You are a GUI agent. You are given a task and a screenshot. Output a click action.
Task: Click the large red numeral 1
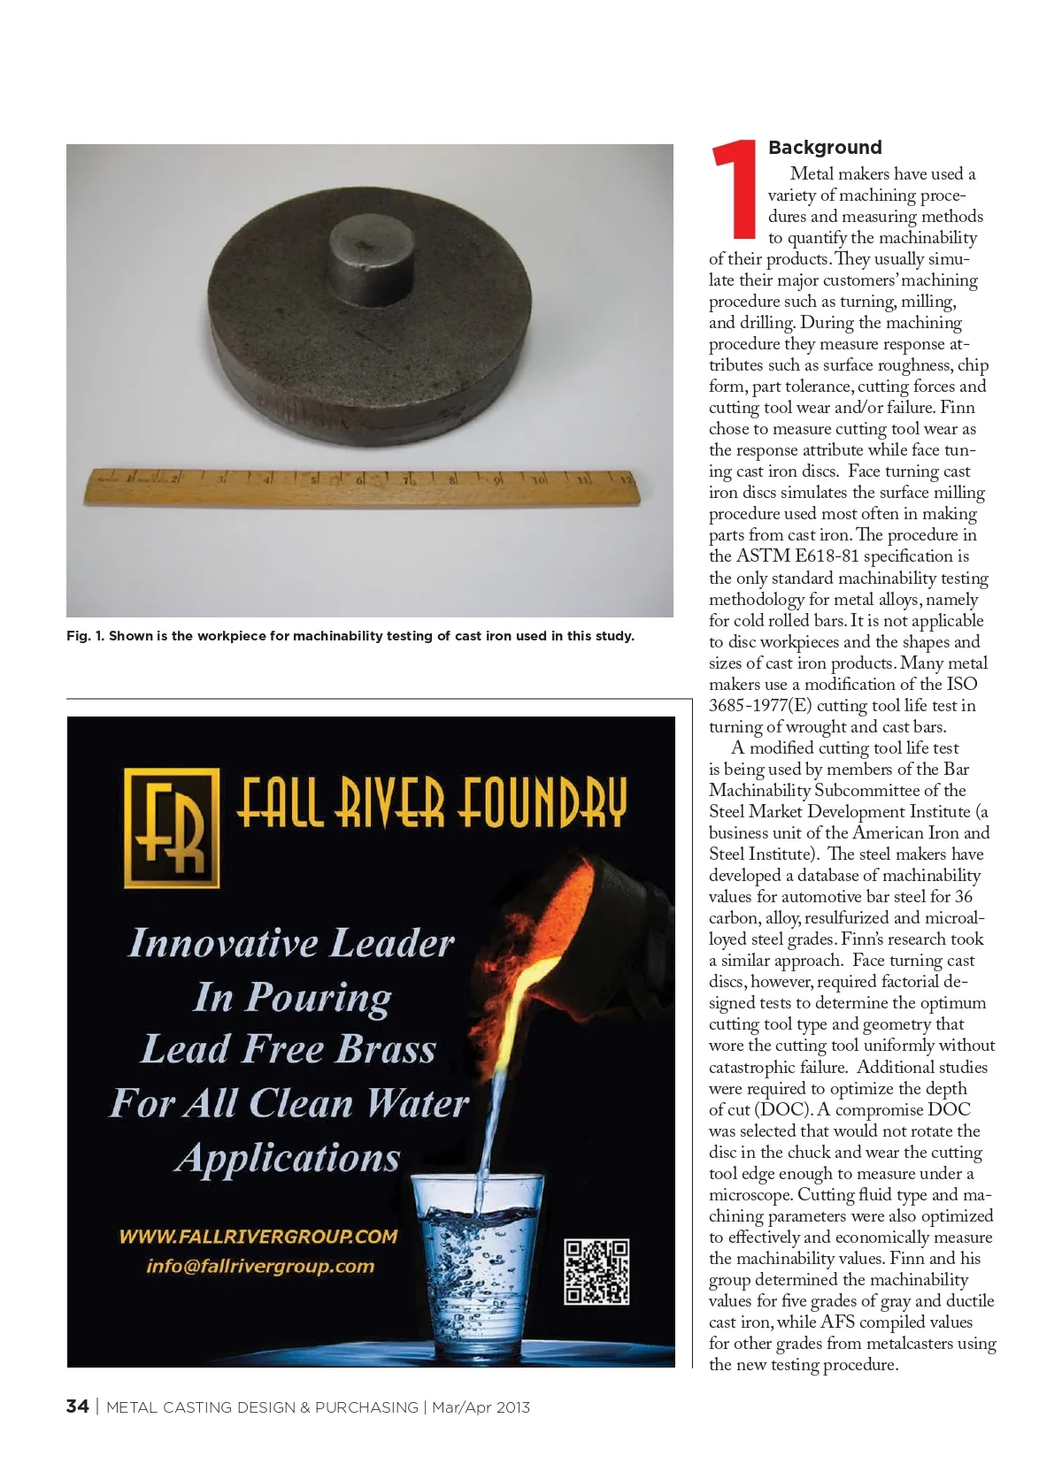pyautogui.click(x=735, y=189)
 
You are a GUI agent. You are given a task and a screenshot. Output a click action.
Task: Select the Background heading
pyautogui.click(x=825, y=148)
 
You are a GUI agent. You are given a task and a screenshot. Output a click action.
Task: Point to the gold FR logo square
pyautogui.click(x=171, y=827)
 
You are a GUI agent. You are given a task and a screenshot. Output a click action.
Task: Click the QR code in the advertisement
pyautogui.click(x=596, y=1272)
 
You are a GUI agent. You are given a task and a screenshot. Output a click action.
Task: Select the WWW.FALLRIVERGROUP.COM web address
pyautogui.click(x=258, y=1237)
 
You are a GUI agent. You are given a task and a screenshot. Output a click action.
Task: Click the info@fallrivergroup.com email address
pyautogui.click(x=260, y=1266)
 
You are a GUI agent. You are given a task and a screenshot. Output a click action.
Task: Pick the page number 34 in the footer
pyautogui.click(x=77, y=1407)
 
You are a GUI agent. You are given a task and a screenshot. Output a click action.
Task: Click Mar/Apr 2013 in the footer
pyautogui.click(x=481, y=1407)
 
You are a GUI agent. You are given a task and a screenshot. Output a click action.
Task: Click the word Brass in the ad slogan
pyautogui.click(x=387, y=1050)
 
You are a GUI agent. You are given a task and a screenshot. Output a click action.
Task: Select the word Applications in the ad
pyautogui.click(x=289, y=1158)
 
